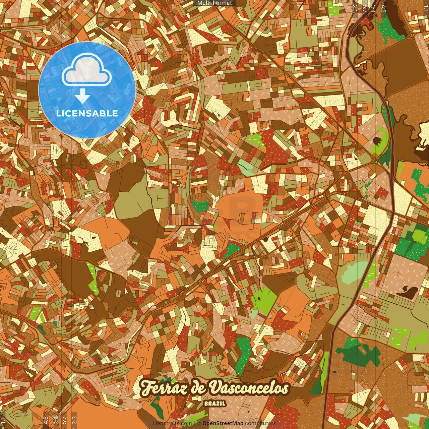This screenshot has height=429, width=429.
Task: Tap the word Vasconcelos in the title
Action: coord(249,388)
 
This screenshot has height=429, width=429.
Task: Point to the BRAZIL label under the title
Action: coord(215,404)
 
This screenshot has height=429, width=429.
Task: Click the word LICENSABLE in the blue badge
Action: coord(87,113)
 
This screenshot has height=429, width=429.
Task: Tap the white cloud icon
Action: coord(86,71)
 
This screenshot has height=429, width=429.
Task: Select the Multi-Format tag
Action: coord(214,3)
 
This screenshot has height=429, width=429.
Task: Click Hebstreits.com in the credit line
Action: coord(172,423)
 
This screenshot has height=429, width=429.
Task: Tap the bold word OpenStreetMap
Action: coord(223,423)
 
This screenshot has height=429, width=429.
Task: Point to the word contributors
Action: coord(260,423)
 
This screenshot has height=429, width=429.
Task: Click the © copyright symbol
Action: coord(199,423)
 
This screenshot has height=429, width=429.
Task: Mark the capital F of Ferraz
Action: coord(146,388)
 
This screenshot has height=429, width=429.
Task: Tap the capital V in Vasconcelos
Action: coord(214,388)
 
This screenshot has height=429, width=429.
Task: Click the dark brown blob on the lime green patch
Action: coord(377,141)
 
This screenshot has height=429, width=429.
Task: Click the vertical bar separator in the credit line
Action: coord(194,423)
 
